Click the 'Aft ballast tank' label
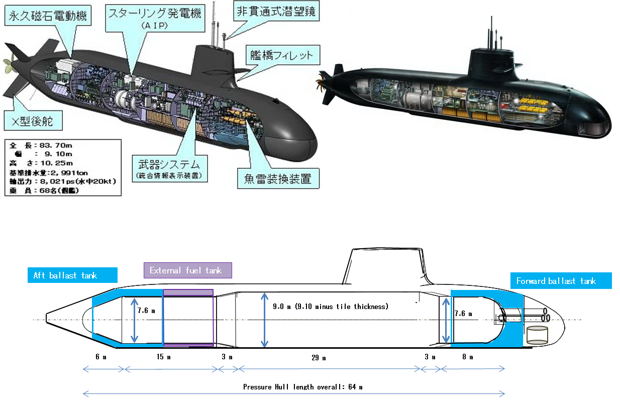click(72, 275)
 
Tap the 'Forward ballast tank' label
click(561, 281)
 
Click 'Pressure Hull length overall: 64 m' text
click(303, 387)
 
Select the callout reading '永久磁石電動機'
click(47, 17)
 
